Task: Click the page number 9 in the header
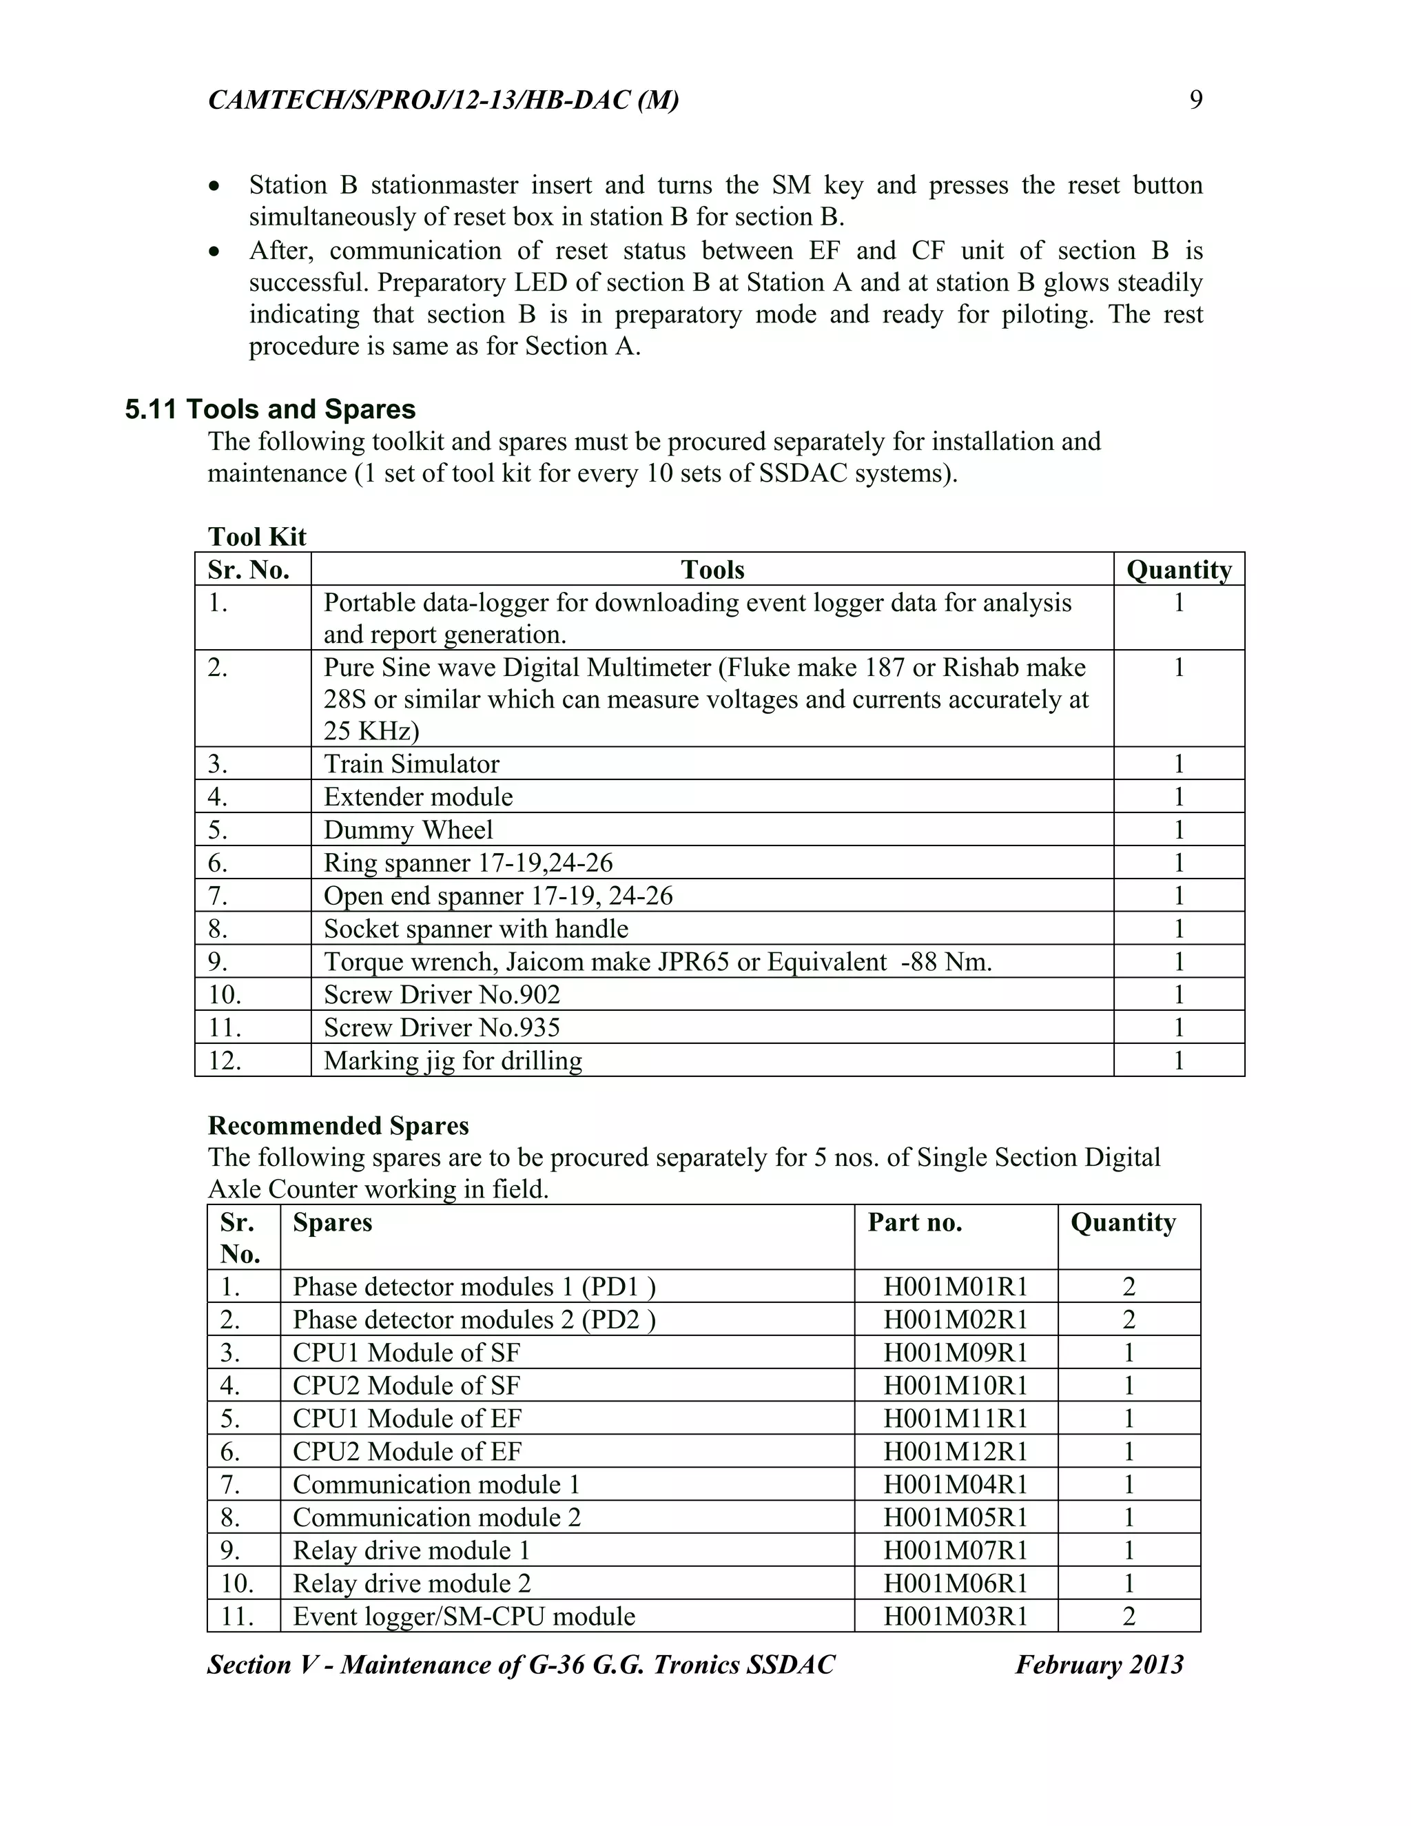pyautogui.click(x=1195, y=101)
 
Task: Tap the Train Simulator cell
pyautogui.click(x=411, y=763)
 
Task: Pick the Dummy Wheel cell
pyautogui.click(x=408, y=830)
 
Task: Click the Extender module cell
pyautogui.click(x=418, y=796)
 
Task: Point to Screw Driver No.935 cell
pyautogui.click(x=442, y=1027)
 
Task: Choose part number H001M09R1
pyautogui.click(x=955, y=1352)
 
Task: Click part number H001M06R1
pyautogui.click(x=955, y=1583)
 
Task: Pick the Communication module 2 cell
pyautogui.click(x=436, y=1517)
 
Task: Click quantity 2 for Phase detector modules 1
pyautogui.click(x=1129, y=1286)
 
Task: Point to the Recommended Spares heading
pyautogui.click(x=338, y=1125)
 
